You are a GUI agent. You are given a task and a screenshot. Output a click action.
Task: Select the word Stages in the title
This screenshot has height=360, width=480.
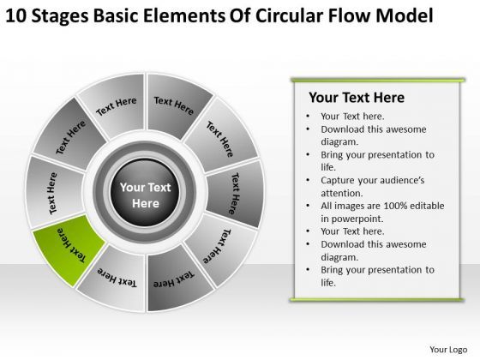pyautogui.click(x=60, y=17)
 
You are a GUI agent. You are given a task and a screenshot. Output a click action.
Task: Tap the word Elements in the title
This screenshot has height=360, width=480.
pyautogui.click(x=183, y=15)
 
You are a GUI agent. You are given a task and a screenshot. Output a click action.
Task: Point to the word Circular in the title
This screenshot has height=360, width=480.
pyautogui.click(x=290, y=15)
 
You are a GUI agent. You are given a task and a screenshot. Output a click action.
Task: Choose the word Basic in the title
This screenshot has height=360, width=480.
pyautogui.click(x=116, y=15)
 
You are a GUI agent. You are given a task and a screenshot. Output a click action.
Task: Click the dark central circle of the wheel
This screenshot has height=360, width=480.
pyautogui.click(x=145, y=193)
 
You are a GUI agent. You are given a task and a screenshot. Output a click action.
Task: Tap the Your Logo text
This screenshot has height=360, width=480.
pyautogui.click(x=448, y=350)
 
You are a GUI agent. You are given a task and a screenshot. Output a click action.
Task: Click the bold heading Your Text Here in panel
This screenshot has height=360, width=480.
pyautogui.click(x=357, y=98)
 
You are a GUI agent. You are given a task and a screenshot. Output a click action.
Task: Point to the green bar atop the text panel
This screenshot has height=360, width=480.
pyautogui.click(x=378, y=81)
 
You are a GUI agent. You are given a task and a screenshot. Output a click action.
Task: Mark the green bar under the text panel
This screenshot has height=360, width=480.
pyautogui.click(x=377, y=300)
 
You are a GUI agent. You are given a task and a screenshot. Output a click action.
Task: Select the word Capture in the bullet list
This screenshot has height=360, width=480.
pyautogui.click(x=338, y=181)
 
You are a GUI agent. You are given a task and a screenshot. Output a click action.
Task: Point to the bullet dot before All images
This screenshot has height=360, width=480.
pyautogui.click(x=308, y=206)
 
